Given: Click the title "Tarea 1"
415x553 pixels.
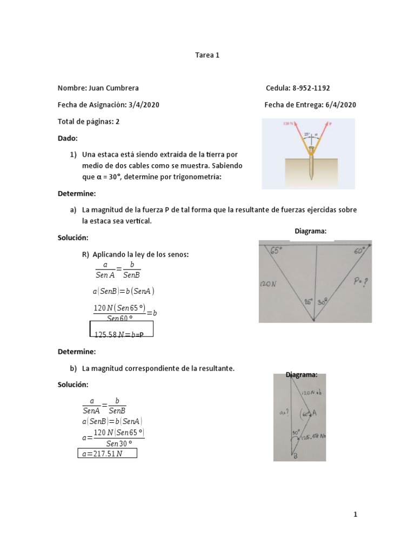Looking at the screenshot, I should [207, 55].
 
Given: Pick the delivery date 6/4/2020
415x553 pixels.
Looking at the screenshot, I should [340, 105].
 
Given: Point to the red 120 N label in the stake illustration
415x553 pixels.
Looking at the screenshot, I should [289, 124].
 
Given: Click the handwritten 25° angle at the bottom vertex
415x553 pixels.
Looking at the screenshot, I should [308, 302].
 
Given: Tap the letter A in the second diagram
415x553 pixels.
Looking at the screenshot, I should [314, 413].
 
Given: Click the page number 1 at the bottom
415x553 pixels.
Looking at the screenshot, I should [355, 515].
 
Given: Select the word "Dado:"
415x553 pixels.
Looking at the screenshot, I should [68, 138].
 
